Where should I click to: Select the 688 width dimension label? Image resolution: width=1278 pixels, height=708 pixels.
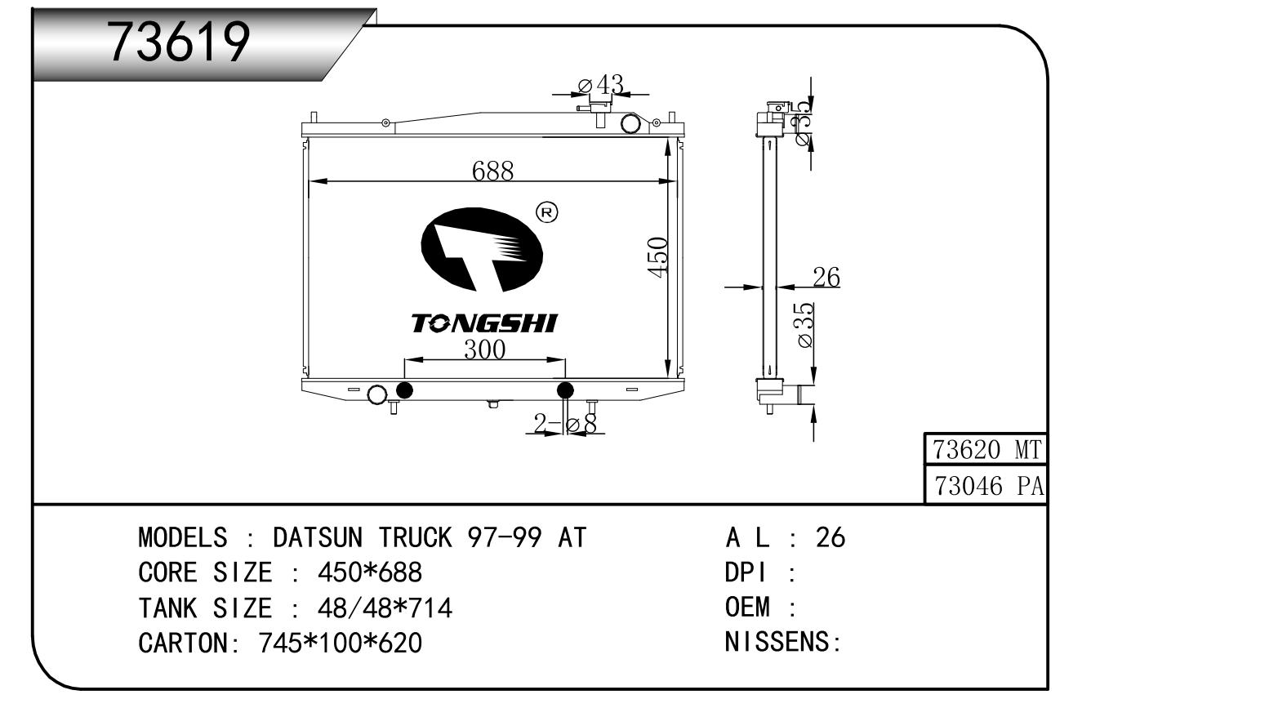point(493,171)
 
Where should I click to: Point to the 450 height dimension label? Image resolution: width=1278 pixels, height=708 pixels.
point(657,257)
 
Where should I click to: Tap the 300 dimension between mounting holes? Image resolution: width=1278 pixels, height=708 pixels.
point(484,350)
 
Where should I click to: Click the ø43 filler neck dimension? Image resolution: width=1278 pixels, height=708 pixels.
point(601,85)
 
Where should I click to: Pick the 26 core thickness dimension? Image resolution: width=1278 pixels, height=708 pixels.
point(826,278)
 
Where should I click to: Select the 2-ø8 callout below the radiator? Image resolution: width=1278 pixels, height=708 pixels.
point(565,424)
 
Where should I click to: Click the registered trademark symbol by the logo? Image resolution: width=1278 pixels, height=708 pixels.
point(547,213)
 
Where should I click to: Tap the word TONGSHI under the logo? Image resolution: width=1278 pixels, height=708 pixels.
point(483,323)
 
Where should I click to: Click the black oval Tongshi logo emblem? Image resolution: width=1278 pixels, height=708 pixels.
point(482,249)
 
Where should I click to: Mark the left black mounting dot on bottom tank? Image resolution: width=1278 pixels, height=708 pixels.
point(404,391)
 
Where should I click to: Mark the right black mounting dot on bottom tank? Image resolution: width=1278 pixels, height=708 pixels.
point(565,391)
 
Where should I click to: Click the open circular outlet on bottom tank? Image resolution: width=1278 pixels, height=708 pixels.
point(377,394)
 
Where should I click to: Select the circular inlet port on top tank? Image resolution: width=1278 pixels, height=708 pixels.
point(630,123)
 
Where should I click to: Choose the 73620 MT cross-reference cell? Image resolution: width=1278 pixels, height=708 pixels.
point(986,449)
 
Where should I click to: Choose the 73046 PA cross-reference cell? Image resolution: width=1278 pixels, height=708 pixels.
point(986,486)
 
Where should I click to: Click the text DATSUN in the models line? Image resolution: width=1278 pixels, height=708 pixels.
point(318,537)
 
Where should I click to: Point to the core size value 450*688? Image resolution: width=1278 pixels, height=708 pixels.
point(370,572)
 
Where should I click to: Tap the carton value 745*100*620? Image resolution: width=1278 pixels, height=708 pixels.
point(340,643)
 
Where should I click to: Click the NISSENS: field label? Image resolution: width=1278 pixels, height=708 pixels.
point(783,642)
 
